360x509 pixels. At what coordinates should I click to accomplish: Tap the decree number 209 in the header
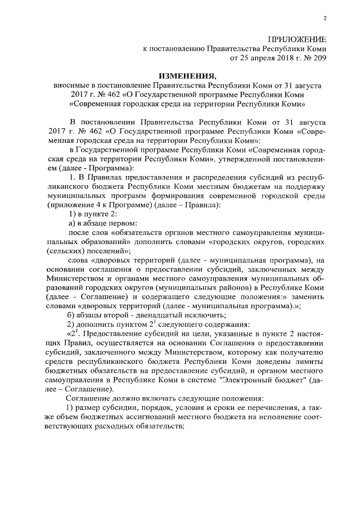pos(319,57)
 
